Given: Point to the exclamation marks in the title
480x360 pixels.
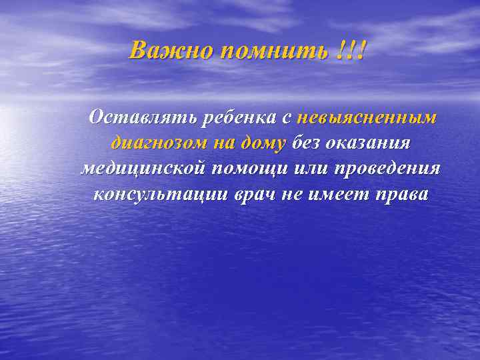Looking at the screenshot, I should point(351,50).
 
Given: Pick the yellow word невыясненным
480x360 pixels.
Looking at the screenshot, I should point(367,117).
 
